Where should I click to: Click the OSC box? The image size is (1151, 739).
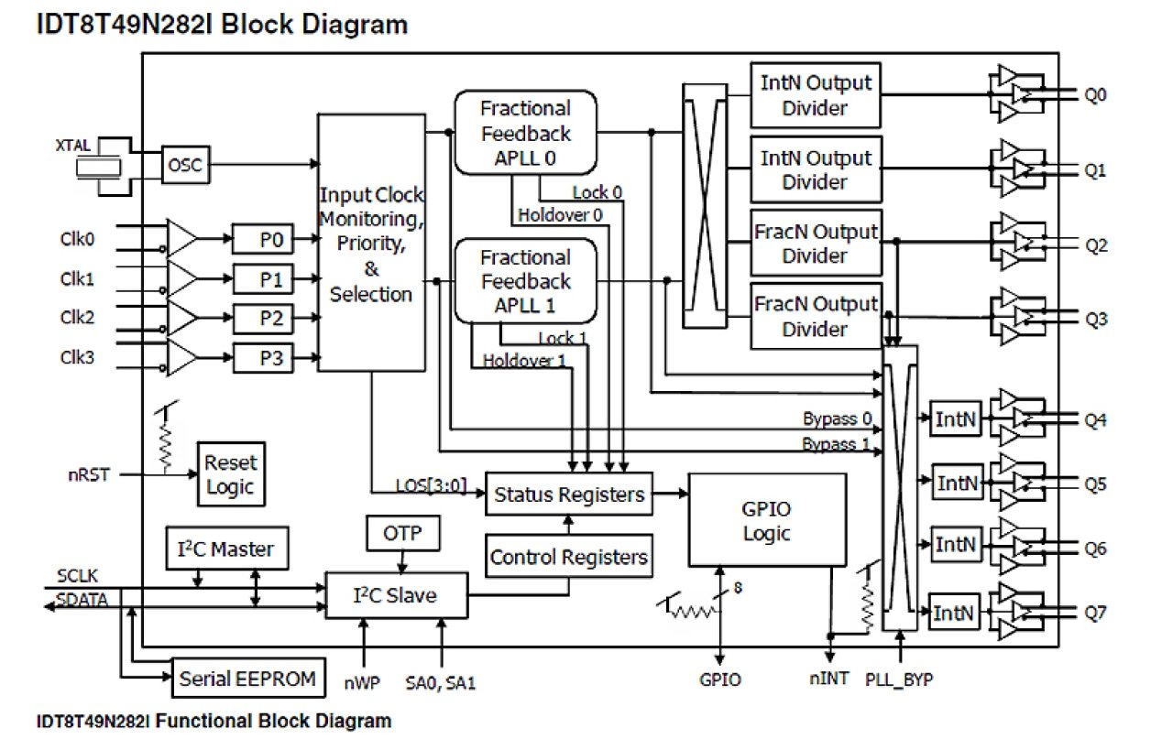pyautogui.click(x=186, y=166)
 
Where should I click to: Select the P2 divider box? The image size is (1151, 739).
pyautogui.click(x=263, y=320)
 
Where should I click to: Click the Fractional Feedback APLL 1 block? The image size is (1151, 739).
pyautogui.click(x=525, y=281)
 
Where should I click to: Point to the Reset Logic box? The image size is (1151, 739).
pyautogui.click(x=231, y=474)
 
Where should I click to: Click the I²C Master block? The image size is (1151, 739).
pyautogui.click(x=225, y=549)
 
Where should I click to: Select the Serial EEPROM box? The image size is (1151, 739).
pyautogui.click(x=248, y=679)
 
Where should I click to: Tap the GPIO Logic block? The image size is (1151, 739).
pyautogui.click(x=767, y=520)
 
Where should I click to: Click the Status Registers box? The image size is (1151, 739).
pyautogui.click(x=569, y=494)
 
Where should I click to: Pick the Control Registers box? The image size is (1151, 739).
pyautogui.click(x=569, y=557)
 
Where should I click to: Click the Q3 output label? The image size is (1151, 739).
pyautogui.click(x=1096, y=320)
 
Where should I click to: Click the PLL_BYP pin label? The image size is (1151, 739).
pyautogui.click(x=902, y=679)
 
